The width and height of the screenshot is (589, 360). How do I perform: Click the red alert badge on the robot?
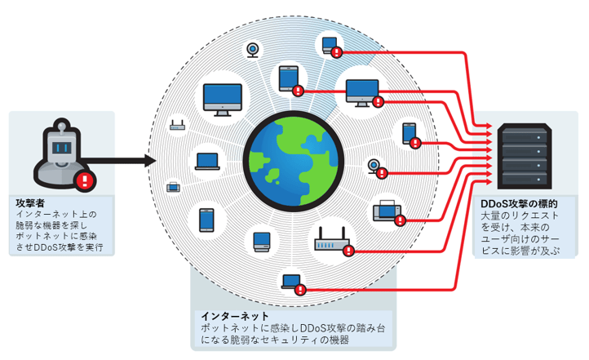(83, 180)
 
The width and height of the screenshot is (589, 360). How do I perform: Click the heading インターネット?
(235, 315)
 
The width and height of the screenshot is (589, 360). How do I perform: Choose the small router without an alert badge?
(177, 126)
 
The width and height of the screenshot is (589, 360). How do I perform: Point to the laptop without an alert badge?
(206, 161)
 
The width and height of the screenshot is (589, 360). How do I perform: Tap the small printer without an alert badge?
(173, 188)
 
